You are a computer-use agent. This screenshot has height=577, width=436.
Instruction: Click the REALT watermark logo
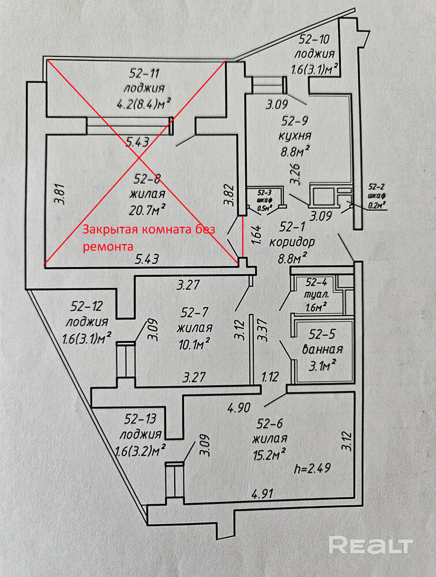tap(371, 545)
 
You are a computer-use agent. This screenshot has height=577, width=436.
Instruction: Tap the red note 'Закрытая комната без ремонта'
tap(149, 237)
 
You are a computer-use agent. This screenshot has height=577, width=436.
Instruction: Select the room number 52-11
tap(144, 74)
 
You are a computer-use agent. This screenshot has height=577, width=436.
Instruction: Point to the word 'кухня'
tap(295, 136)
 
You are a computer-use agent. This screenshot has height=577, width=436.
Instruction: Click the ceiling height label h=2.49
tap(313, 468)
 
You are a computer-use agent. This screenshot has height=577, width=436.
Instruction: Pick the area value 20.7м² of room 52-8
tap(147, 209)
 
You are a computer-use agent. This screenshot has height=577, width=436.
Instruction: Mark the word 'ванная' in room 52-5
tap(322, 349)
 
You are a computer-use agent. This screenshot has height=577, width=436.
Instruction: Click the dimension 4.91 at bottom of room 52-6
tap(262, 493)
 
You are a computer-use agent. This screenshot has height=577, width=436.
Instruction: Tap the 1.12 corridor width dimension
tap(270, 376)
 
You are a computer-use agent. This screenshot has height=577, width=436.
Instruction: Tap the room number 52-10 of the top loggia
tap(314, 39)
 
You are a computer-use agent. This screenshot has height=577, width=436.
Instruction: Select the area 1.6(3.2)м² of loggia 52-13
tap(140, 450)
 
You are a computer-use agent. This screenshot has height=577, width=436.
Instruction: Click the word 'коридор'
tap(292, 242)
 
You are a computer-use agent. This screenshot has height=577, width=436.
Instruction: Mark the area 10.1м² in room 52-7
tap(194, 344)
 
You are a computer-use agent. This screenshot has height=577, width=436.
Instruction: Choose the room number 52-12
tap(87, 306)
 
